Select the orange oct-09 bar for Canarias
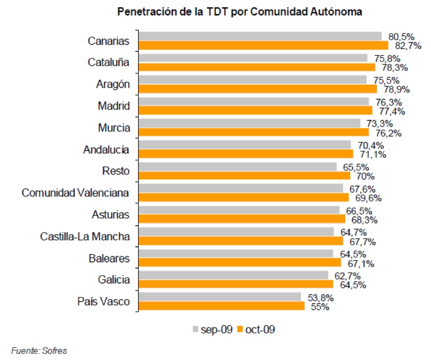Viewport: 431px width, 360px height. point(263,45)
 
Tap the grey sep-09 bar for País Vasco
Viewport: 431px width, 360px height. point(219,297)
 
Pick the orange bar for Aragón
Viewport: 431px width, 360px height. point(257,89)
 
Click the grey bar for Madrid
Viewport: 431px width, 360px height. point(253,101)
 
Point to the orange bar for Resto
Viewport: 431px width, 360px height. point(244,176)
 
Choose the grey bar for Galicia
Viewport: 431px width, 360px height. point(233,275)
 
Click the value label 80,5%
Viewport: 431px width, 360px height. point(402,37)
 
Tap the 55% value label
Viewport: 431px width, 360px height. point(318,307)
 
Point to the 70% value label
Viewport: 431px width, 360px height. point(363,176)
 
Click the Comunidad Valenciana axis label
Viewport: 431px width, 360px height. point(76,193)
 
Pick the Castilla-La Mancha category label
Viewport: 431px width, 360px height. point(85,236)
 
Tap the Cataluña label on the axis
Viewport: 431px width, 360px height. point(109,62)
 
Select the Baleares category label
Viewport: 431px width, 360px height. point(109,258)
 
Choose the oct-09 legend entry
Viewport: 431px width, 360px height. point(256,329)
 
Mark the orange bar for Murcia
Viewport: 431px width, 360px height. point(253,132)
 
